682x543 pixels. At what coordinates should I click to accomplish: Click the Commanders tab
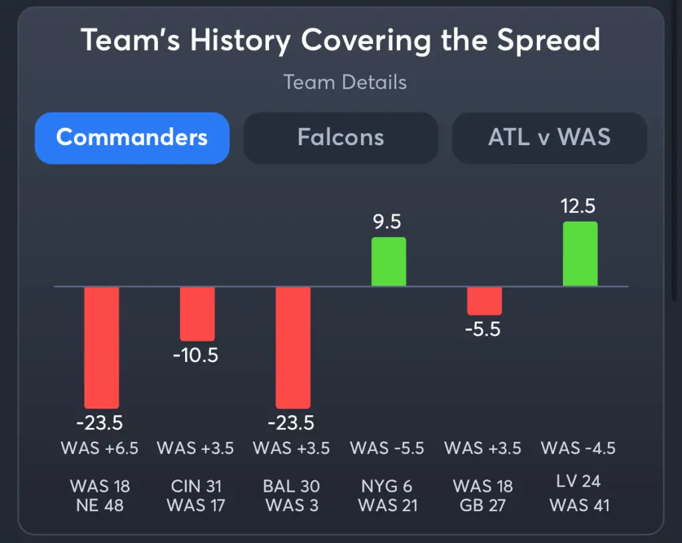click(x=132, y=138)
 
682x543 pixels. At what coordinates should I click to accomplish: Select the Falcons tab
click(x=340, y=138)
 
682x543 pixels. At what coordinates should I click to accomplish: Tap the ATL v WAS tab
click(x=549, y=138)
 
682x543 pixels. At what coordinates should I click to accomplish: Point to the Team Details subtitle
click(x=345, y=83)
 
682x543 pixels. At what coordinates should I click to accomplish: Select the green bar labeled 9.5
click(x=388, y=262)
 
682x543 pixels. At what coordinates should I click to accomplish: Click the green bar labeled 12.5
click(x=580, y=254)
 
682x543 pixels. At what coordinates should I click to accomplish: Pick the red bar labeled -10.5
click(x=197, y=313)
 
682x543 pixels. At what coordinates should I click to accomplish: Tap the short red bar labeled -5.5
click(x=484, y=301)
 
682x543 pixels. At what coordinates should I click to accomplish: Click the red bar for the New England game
click(x=101, y=347)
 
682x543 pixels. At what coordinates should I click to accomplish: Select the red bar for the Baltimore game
click(x=293, y=347)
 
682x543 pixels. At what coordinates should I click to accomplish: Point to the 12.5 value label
click(x=578, y=206)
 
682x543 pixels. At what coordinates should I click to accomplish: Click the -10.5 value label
click(x=196, y=355)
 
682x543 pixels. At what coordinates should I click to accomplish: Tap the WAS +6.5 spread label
click(x=100, y=448)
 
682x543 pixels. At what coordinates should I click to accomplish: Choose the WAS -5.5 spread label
click(x=387, y=448)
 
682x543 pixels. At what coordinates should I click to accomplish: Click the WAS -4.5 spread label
click(x=578, y=448)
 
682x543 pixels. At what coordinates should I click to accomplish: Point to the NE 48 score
click(x=100, y=505)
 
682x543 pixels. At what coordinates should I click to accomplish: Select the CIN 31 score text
click(x=195, y=486)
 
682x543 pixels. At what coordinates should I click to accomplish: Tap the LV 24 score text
click(x=579, y=480)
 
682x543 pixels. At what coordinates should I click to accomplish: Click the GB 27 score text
click(x=483, y=505)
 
